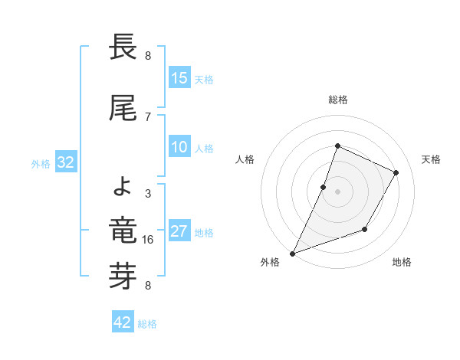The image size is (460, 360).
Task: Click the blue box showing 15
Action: tap(179, 78)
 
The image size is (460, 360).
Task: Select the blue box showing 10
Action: tap(179, 148)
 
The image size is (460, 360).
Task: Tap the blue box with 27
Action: tap(179, 232)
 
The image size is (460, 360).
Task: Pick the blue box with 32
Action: tap(65, 162)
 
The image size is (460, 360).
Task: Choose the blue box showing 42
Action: tap(123, 322)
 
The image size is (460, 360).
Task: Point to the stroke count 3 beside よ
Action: tap(148, 194)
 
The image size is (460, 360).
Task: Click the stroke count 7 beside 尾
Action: tap(148, 116)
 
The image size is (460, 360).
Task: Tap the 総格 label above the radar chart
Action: tap(338, 100)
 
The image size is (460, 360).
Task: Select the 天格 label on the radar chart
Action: tap(432, 159)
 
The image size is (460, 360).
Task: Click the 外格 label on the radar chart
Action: tap(270, 263)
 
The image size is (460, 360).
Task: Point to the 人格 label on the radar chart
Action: tap(245, 159)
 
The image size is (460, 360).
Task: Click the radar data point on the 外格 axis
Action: tap(292, 253)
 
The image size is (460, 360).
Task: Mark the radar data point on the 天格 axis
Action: tap(396, 173)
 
